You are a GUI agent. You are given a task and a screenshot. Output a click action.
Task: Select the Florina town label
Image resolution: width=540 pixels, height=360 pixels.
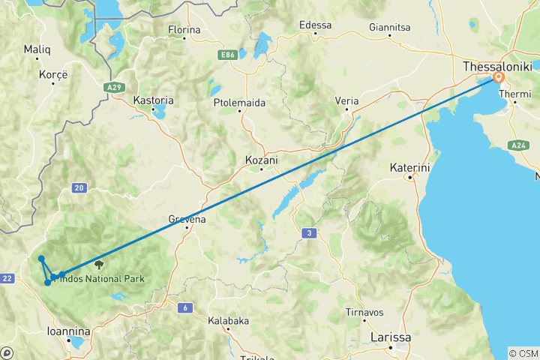[184, 30]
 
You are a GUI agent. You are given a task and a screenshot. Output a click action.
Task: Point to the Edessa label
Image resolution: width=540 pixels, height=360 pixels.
[315, 25]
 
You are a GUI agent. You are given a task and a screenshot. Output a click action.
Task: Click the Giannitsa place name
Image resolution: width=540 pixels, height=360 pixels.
[388, 28]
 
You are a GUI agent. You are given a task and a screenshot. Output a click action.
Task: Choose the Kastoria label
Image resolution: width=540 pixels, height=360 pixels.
[153, 100]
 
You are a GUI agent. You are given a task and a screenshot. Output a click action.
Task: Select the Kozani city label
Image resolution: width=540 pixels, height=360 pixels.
[262, 159]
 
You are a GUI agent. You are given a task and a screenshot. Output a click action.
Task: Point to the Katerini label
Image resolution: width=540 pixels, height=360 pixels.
[409, 167]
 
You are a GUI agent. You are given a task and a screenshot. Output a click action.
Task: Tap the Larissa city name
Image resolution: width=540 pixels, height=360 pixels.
[391, 337]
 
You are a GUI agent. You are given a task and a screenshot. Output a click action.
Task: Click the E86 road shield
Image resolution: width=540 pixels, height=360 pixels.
[228, 55]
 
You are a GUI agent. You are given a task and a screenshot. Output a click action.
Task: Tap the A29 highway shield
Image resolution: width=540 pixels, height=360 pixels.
[115, 88]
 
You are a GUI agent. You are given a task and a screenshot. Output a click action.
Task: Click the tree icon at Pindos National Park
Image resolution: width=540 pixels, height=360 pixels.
[98, 264]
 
